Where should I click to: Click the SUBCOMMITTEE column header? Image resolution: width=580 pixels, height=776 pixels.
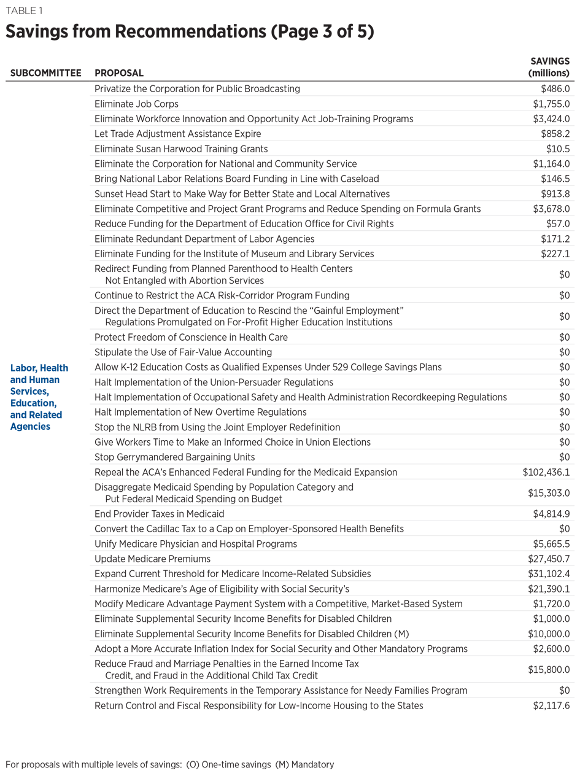45,73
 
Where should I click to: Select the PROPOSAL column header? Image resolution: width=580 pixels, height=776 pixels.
119,73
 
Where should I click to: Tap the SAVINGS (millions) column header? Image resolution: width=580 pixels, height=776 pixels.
549,67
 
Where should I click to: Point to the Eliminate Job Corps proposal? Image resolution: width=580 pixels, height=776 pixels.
136,104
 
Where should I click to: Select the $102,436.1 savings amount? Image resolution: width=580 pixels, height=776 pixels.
546,472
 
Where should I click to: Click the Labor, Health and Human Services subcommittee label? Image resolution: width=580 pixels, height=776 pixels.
39,397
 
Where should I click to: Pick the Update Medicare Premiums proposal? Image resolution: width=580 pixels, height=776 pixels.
152,559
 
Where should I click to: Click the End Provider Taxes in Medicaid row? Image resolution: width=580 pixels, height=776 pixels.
159,514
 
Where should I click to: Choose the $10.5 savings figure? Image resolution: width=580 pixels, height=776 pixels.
557,149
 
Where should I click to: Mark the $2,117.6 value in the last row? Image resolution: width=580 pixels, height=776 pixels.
551,705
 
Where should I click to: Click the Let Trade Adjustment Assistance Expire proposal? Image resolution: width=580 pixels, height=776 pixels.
177,134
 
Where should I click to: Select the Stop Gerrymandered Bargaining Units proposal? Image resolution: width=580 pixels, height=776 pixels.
174,457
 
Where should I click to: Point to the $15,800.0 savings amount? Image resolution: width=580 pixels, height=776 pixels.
548,670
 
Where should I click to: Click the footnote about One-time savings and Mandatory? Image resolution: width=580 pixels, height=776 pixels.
169,765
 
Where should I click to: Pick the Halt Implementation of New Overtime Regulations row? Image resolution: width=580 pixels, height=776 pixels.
200,412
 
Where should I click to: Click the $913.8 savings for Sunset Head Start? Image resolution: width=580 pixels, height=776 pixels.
554,194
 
